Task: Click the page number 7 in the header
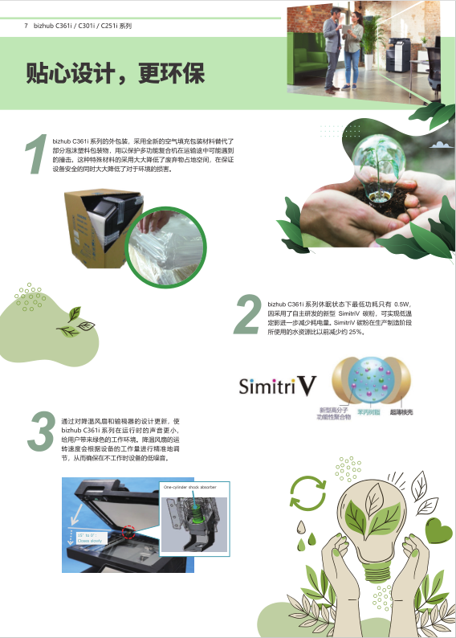point(26,26)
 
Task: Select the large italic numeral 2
point(248,314)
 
